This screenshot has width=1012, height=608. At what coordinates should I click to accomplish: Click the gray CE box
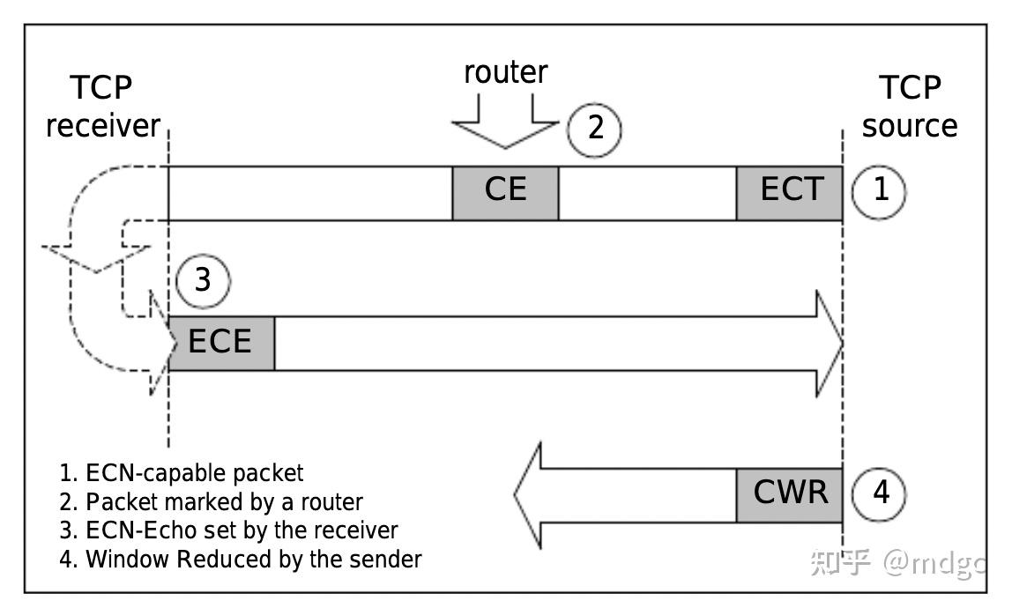[505, 192]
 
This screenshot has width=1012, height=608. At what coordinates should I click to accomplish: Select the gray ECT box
[789, 192]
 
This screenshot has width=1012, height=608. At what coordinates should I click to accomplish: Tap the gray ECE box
[221, 342]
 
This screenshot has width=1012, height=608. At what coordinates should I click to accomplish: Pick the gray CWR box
[789, 493]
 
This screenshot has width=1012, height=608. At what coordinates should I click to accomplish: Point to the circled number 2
[594, 129]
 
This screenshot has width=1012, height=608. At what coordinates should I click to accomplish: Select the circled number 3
[203, 281]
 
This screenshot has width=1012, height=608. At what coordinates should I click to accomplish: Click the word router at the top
[505, 72]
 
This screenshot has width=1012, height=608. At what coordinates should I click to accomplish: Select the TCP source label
[910, 107]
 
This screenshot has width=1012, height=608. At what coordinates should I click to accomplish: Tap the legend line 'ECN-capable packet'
[182, 473]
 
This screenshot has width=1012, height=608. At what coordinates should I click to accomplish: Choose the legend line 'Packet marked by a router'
[212, 502]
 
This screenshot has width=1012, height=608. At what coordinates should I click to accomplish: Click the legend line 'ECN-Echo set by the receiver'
[229, 530]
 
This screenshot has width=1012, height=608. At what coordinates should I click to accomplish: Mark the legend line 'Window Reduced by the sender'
[241, 559]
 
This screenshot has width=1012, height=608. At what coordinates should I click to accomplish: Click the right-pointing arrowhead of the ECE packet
[829, 343]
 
